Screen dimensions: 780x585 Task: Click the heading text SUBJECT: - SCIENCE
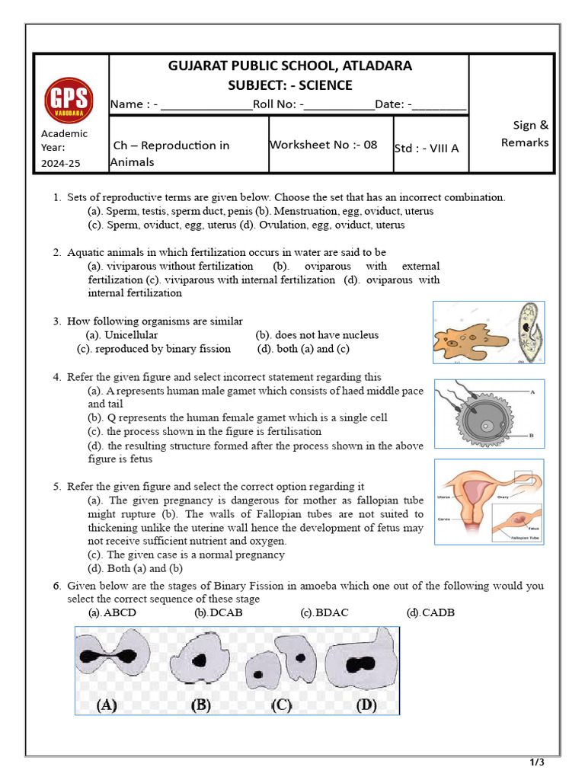pyautogui.click(x=289, y=85)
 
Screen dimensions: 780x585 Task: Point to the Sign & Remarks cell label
pyautogui.click(x=524, y=134)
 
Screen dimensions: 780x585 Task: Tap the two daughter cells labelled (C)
pyautogui.click(x=283, y=660)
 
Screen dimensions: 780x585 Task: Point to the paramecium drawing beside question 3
pyautogui.click(x=526, y=333)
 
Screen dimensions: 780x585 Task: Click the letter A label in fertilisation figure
pyautogui.click(x=531, y=392)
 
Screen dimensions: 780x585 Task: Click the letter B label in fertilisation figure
pyautogui.click(x=531, y=435)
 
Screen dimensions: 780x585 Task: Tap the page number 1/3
pyautogui.click(x=537, y=762)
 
